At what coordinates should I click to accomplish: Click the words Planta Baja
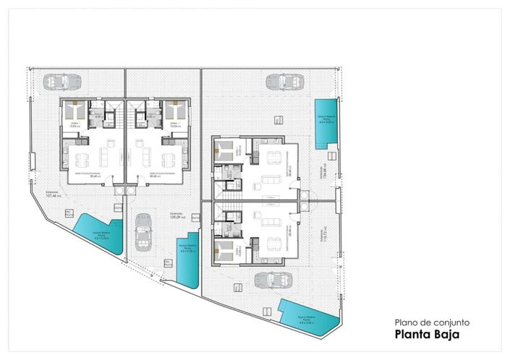click(x=427, y=335)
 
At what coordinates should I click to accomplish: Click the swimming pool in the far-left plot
click(x=95, y=235)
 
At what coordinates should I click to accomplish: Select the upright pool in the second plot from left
click(x=190, y=257)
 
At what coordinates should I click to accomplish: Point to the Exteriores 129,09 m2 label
click(x=179, y=215)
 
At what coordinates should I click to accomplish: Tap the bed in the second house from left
click(x=173, y=112)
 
